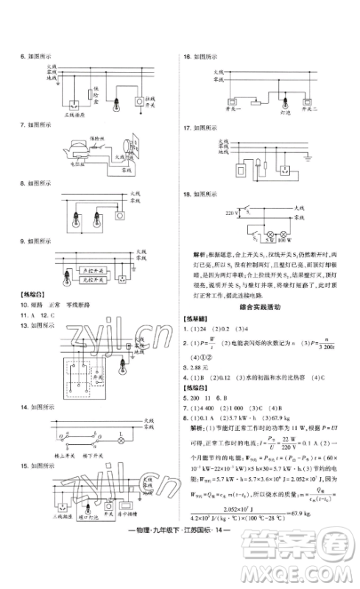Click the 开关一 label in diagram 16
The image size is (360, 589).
click(230, 107)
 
